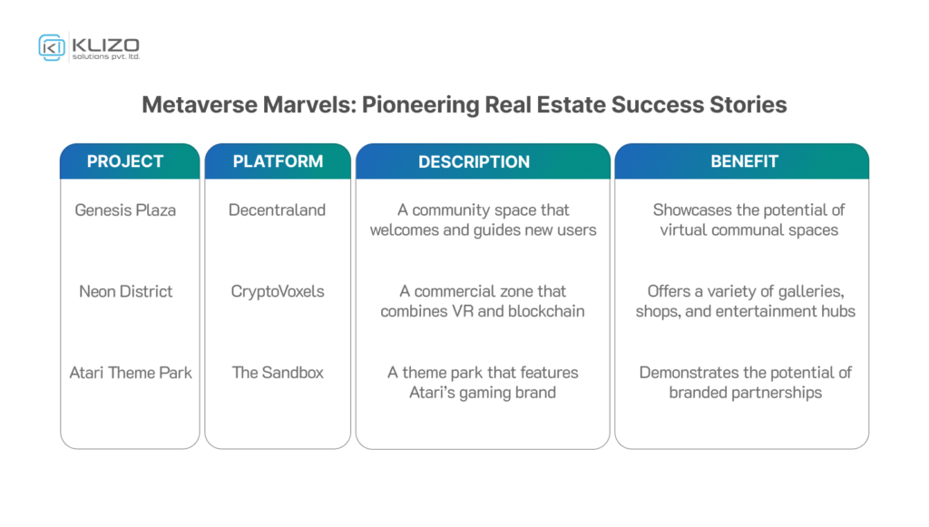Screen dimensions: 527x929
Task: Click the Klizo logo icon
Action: (x=51, y=47)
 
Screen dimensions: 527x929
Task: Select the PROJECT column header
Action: (x=125, y=161)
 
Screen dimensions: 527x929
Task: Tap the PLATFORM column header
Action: (x=278, y=161)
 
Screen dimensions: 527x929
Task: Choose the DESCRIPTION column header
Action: (x=474, y=162)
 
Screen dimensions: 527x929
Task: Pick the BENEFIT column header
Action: (x=744, y=161)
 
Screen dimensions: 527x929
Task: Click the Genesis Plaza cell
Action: (x=125, y=210)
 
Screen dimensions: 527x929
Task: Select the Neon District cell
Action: (x=125, y=291)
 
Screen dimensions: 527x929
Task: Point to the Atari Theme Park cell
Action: (x=131, y=372)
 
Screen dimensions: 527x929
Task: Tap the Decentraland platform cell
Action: (x=278, y=210)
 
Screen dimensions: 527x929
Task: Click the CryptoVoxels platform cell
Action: (x=278, y=291)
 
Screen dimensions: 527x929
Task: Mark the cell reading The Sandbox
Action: (x=278, y=372)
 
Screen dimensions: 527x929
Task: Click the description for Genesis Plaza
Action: (x=483, y=220)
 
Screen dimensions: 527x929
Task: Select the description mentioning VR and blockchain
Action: (x=483, y=301)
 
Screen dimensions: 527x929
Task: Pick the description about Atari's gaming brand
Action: (x=483, y=382)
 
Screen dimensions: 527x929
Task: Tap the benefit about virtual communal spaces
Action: (x=748, y=220)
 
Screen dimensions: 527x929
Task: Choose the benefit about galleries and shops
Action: (x=745, y=301)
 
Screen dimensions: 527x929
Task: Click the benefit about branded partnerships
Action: (x=745, y=382)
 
